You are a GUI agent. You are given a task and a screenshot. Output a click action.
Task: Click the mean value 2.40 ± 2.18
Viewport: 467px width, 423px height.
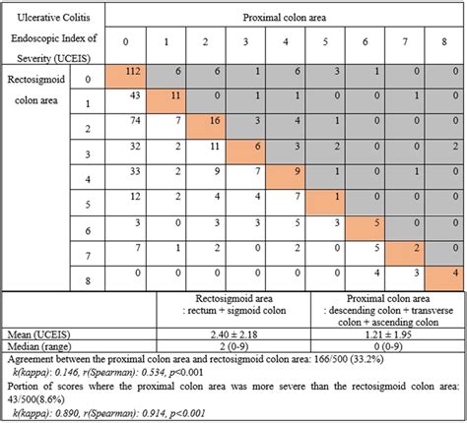[x=235, y=333]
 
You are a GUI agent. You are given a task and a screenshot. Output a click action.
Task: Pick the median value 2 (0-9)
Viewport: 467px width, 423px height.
[x=235, y=346]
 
